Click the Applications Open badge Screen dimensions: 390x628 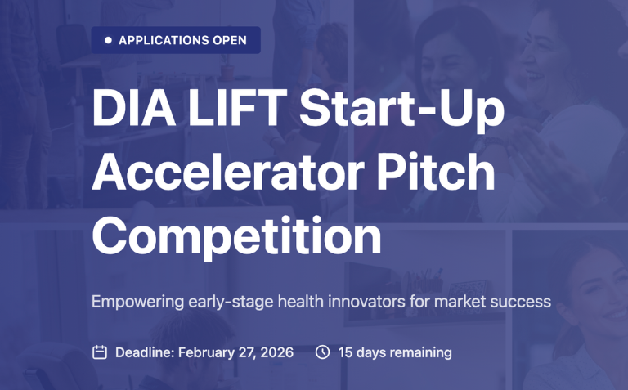click(x=176, y=40)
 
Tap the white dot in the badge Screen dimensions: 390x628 click(x=108, y=40)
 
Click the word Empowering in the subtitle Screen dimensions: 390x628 click(x=137, y=302)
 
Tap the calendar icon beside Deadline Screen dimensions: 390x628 click(x=100, y=352)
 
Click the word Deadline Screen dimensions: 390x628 click(x=144, y=352)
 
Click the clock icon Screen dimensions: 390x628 click(x=323, y=352)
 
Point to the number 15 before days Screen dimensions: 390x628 click(x=345, y=352)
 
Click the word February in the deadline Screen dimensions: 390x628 click(x=205, y=352)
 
